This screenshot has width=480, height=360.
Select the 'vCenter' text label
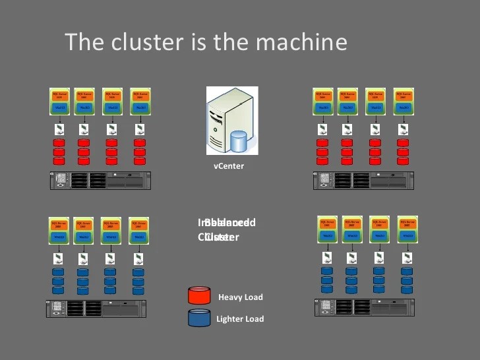click(x=229, y=166)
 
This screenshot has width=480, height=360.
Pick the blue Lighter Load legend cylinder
click(x=199, y=318)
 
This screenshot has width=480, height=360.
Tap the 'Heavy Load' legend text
click(x=240, y=297)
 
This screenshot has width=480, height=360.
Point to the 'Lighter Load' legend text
click(x=239, y=319)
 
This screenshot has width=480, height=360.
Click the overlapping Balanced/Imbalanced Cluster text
click(x=226, y=229)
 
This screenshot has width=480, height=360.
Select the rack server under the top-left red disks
click(x=100, y=180)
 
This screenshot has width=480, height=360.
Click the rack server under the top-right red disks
click(x=363, y=180)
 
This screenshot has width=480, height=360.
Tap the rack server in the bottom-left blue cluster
click(x=96, y=308)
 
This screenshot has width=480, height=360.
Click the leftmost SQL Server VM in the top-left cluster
click(x=59, y=101)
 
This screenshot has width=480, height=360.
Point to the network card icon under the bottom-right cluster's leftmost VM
click(x=327, y=258)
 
